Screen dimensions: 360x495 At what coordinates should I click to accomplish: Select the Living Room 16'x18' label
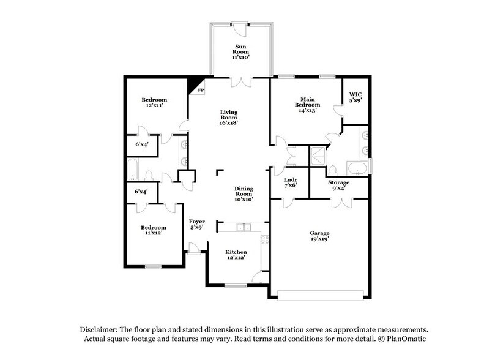229,117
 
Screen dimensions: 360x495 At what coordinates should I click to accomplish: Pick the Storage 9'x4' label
338,186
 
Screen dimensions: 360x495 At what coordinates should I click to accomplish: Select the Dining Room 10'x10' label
244,193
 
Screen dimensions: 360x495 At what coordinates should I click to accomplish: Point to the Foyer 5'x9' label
196,225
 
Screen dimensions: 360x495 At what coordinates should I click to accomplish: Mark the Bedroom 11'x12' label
154,231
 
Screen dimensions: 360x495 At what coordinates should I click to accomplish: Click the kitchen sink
244,228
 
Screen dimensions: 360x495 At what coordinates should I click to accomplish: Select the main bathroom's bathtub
358,168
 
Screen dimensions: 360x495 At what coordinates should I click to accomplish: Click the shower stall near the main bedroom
318,154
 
